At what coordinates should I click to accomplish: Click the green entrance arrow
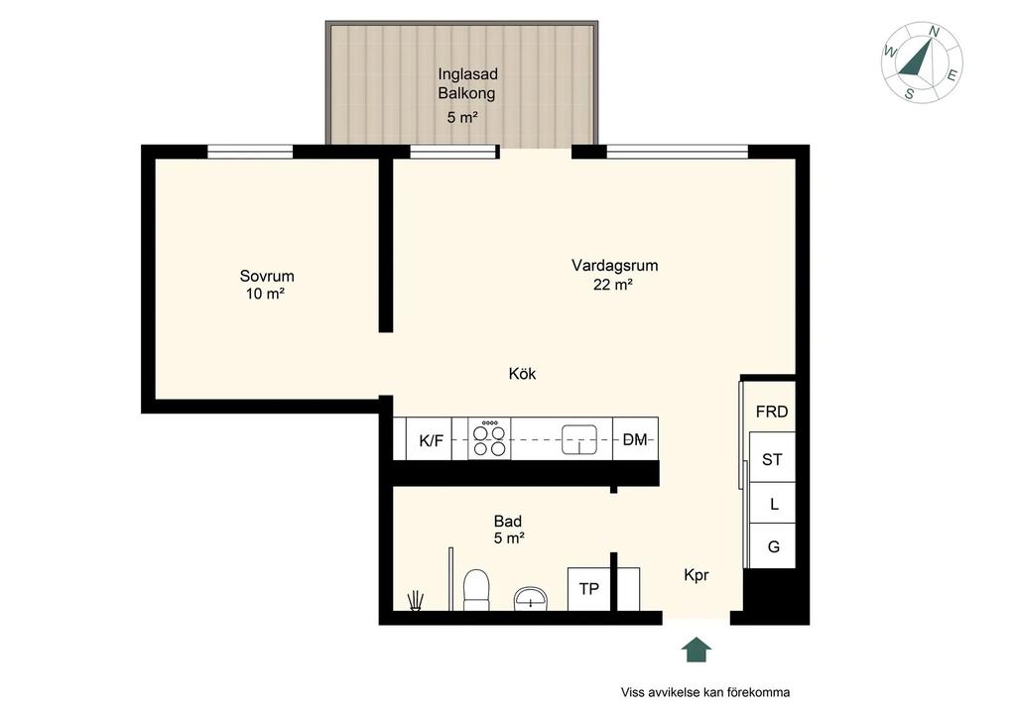point(697,650)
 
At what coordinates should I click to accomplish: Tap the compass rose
point(922,62)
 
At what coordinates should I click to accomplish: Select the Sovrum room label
point(267,276)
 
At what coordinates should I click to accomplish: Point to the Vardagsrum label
point(615,266)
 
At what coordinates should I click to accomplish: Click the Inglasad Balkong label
point(467,83)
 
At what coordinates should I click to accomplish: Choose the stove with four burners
point(489,439)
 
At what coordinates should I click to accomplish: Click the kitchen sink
point(578,440)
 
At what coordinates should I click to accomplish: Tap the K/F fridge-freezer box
point(429,439)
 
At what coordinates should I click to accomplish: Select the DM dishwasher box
point(636,439)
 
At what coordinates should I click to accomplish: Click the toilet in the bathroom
point(477,590)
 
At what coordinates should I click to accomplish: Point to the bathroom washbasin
point(532,599)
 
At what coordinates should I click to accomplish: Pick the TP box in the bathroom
point(589,589)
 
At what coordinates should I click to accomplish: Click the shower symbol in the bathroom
point(416,601)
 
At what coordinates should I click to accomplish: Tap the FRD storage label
point(772,412)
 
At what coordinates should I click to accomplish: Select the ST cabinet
point(772,458)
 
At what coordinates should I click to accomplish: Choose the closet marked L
point(772,503)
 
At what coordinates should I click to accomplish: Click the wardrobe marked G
point(772,546)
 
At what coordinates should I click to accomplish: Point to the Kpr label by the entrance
point(697,575)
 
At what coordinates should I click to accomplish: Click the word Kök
point(522,374)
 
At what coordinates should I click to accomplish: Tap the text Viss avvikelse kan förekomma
point(705,692)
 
